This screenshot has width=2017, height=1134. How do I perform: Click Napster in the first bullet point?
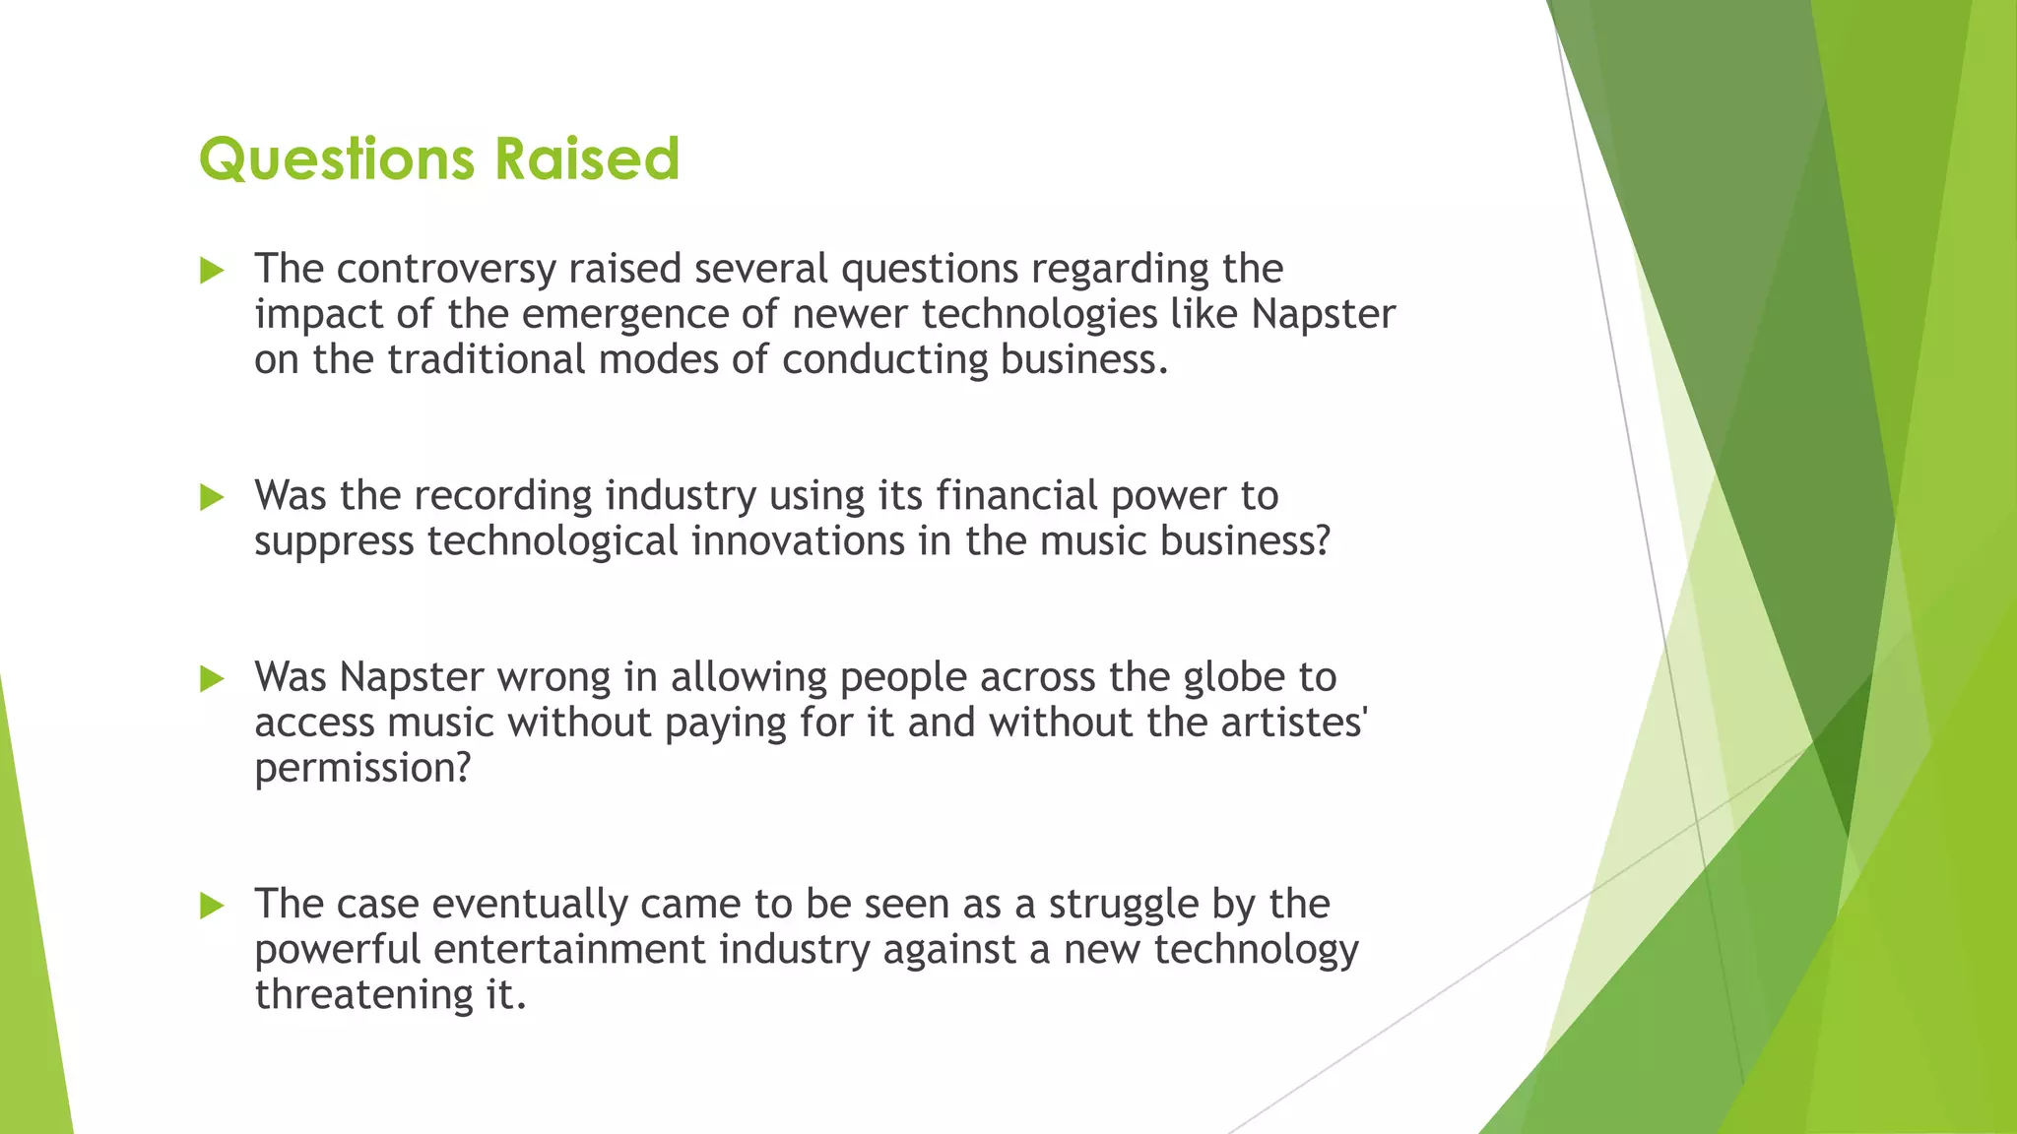click(1324, 314)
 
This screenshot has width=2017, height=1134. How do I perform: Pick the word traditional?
click(487, 359)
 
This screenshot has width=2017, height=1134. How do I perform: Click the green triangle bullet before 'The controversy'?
click(212, 270)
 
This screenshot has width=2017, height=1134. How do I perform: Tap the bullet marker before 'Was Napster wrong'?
click(212, 678)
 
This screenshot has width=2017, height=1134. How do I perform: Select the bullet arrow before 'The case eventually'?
click(212, 905)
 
